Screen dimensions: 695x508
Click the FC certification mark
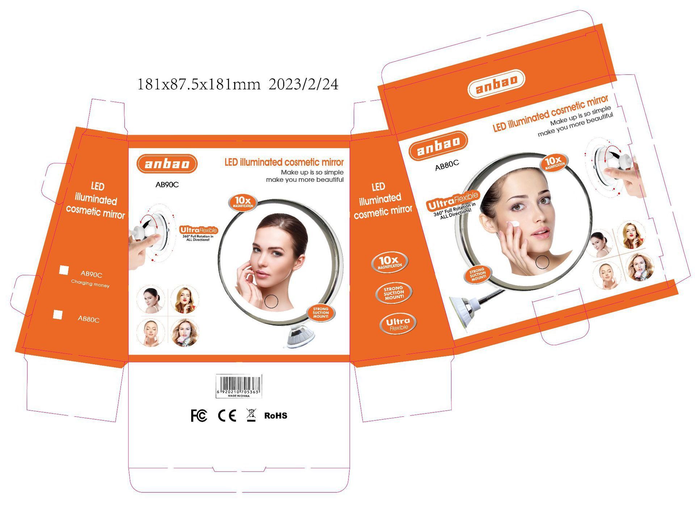click(199, 416)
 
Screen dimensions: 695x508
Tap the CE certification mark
click(227, 416)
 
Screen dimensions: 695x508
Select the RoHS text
click(275, 416)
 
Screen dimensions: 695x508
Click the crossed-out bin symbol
click(251, 415)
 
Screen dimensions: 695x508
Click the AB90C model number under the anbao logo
click(167, 185)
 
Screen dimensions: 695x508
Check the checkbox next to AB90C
click(64, 270)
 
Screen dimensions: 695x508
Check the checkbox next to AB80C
click(58, 315)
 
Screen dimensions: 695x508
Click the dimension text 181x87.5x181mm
click(199, 84)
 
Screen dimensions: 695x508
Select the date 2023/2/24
click(304, 84)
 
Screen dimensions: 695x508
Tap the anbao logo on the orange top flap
click(496, 84)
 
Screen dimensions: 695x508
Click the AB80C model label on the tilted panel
click(447, 165)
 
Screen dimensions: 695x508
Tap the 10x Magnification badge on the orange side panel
click(389, 262)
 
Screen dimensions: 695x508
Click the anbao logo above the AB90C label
click(167, 164)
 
